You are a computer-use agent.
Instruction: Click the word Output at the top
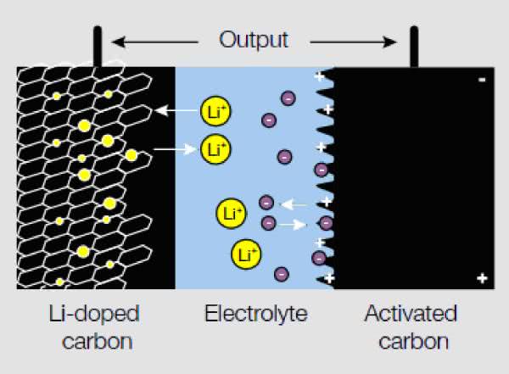[254, 39]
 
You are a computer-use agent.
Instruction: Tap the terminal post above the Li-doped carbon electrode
[98, 47]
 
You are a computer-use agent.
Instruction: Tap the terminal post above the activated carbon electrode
[414, 47]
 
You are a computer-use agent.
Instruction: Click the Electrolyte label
[255, 315]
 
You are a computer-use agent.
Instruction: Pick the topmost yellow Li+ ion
[215, 110]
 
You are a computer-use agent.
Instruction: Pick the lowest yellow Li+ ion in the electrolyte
[245, 253]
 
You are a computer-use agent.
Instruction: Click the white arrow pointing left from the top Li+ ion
[175, 110]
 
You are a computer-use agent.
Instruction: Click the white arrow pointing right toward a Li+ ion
[176, 149]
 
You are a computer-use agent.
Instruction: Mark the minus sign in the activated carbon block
[481, 81]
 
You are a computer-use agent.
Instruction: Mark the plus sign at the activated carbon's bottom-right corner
[482, 278]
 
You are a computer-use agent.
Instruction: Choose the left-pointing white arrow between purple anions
[295, 204]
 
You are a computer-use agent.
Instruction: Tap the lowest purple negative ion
[281, 273]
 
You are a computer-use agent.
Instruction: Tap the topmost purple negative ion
[288, 98]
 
